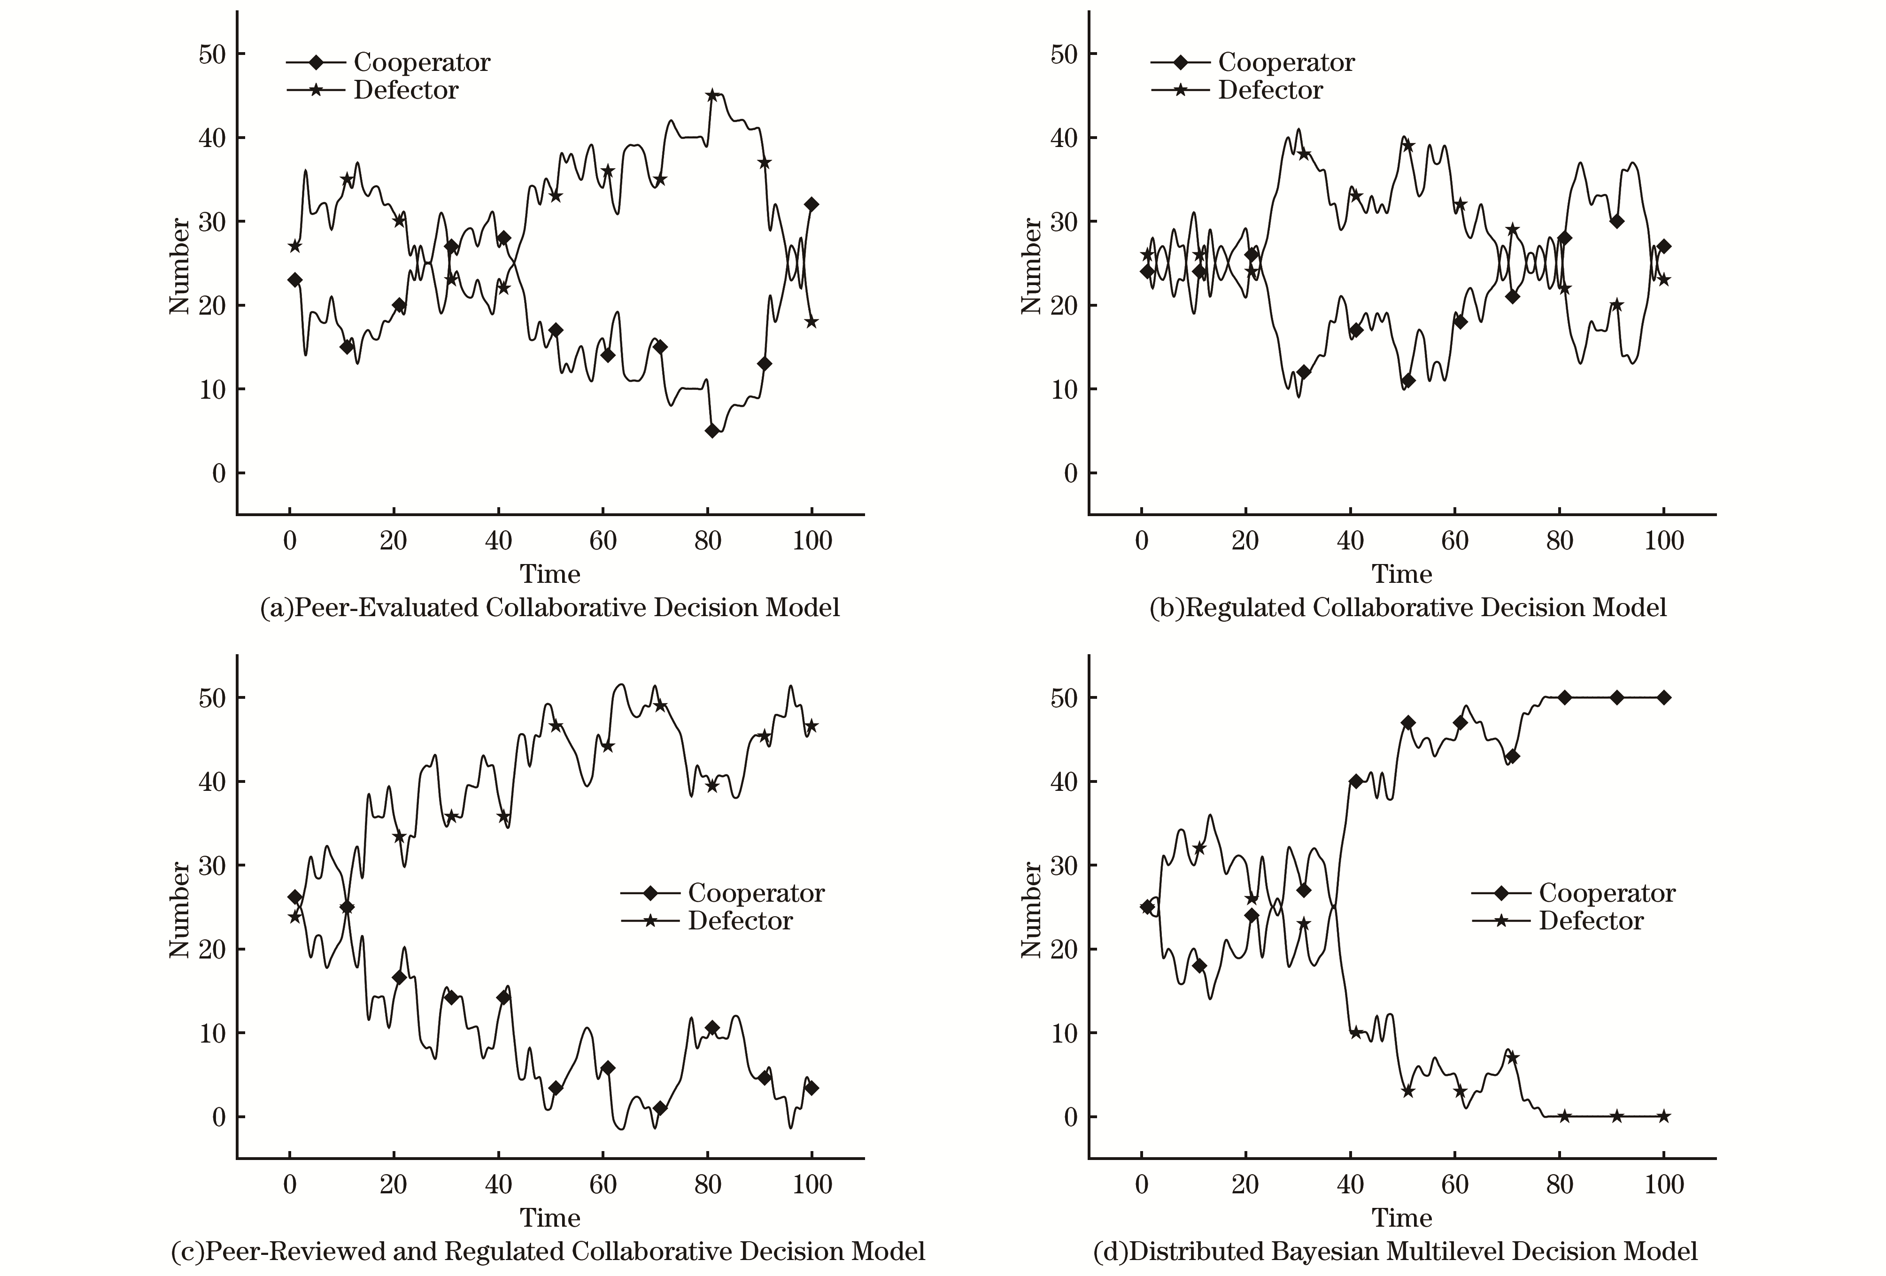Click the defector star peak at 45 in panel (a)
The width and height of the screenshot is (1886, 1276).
tap(712, 95)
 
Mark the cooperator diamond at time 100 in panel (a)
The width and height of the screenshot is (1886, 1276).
tap(812, 205)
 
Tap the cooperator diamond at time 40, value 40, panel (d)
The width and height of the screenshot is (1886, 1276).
tap(1355, 781)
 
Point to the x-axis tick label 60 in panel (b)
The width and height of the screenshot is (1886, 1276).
tap(1455, 541)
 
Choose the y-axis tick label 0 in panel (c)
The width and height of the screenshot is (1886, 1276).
tap(219, 1117)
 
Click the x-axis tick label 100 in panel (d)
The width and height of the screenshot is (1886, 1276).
tap(1664, 1185)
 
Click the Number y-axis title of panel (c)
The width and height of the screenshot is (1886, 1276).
tap(179, 911)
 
